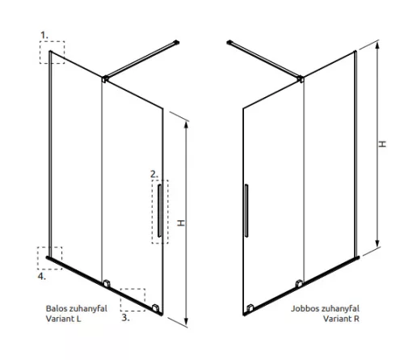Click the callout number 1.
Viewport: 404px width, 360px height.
pyautogui.click(x=44, y=35)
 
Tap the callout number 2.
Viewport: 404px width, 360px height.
pyautogui.click(x=154, y=174)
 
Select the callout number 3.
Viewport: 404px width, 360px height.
pyautogui.click(x=125, y=317)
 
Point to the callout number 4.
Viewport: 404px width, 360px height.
pyautogui.click(x=41, y=276)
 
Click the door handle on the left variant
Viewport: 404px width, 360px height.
pyautogui.click(x=159, y=210)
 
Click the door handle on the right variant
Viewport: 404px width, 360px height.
pyautogui.click(x=246, y=210)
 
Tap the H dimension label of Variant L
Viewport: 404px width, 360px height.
pyautogui.click(x=181, y=223)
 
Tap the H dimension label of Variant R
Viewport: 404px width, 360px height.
pyautogui.click(x=382, y=144)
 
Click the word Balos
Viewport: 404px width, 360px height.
pyautogui.click(x=57, y=308)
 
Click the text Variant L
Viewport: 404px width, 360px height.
pyautogui.click(x=63, y=319)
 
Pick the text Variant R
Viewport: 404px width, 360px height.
pyautogui.click(x=341, y=319)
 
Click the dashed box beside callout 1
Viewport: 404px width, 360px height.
pyautogui.click(x=52, y=41)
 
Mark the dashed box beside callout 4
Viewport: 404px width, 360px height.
pyautogui.click(x=49, y=247)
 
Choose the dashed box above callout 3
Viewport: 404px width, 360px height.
pyautogui.click(x=133, y=289)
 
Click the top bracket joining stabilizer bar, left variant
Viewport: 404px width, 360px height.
pyautogui.click(x=105, y=78)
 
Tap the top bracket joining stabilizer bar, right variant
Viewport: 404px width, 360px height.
pyautogui.click(x=301, y=78)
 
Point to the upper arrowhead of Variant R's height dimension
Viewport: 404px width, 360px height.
pyautogui.click(x=377, y=45)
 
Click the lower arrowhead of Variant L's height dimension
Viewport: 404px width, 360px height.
pyautogui.click(x=186, y=321)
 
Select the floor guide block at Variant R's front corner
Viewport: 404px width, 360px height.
pyautogui.click(x=250, y=308)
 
